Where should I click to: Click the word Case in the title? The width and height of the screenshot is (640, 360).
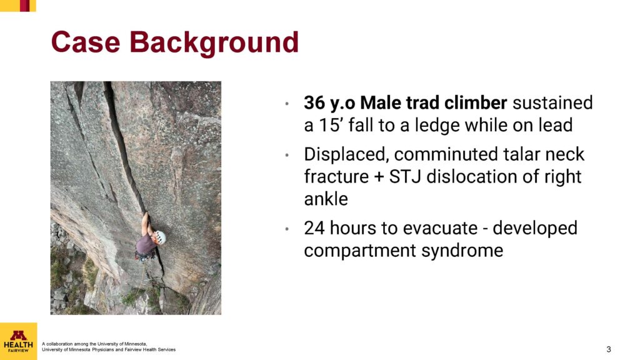tap(86, 42)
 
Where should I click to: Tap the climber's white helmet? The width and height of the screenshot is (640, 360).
tap(160, 237)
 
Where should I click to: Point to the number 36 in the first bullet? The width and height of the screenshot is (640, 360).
tap(314, 102)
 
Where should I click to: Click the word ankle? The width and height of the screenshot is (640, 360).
tap(326, 199)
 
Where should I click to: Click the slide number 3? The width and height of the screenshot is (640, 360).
tap(609, 349)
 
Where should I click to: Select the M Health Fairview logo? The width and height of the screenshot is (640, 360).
tap(18, 342)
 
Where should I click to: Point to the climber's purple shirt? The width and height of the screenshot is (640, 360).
tap(145, 244)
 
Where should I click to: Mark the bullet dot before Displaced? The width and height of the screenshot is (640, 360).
tap(287, 156)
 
